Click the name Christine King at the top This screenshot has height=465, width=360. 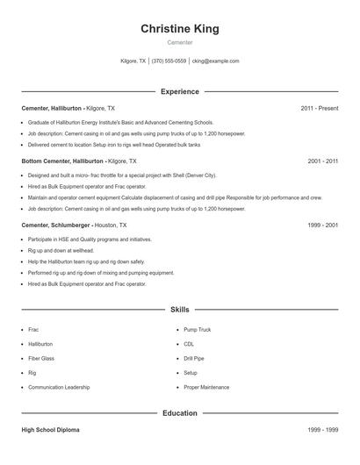pyautogui.click(x=179, y=29)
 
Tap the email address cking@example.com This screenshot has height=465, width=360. pyautogui.click(x=215, y=61)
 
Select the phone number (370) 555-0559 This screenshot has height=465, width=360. pyautogui.click(x=169, y=61)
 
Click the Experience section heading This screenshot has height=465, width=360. pyautogui.click(x=179, y=91)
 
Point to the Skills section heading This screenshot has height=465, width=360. pyautogui.click(x=179, y=310)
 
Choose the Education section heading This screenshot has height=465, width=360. pyautogui.click(x=179, y=412)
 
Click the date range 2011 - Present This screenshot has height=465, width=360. pyautogui.click(x=319, y=108)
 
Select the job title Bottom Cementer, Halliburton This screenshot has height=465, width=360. pyautogui.click(x=61, y=161)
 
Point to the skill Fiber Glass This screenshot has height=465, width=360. pyautogui.click(x=40, y=358)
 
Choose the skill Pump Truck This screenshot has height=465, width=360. pyautogui.click(x=197, y=330)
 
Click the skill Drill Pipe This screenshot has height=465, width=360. pyautogui.click(x=194, y=358)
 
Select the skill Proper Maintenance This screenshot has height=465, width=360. pyautogui.click(x=206, y=387)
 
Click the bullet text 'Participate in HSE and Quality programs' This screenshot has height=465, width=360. pyautogui.click(x=77, y=239)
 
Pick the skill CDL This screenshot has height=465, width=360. pyautogui.click(x=189, y=344)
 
